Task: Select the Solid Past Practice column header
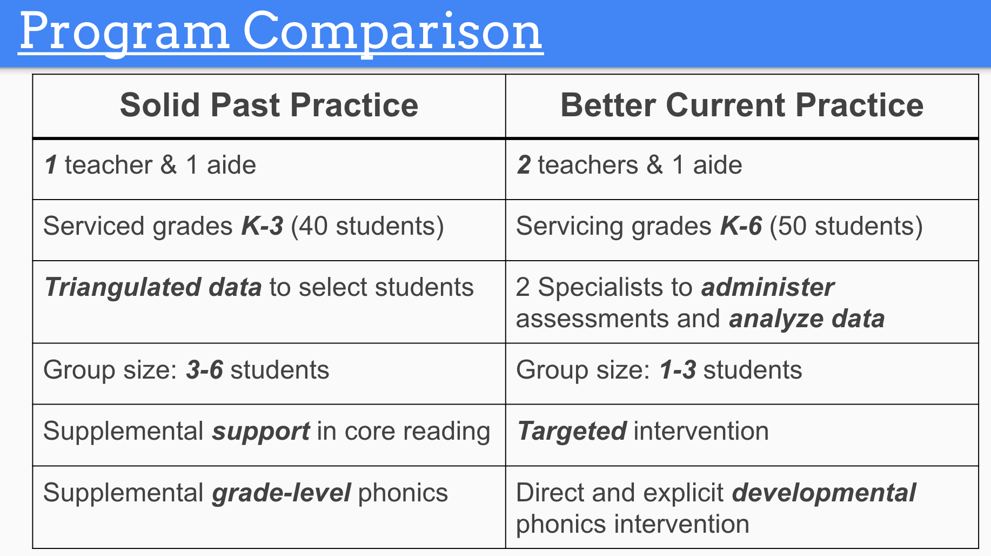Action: coord(269,105)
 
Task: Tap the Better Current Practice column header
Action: coord(742,105)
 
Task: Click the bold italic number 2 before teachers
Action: coord(524,165)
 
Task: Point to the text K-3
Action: coord(262,226)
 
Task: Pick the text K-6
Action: coord(741,226)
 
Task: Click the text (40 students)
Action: coord(367,226)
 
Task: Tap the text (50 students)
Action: coord(846,226)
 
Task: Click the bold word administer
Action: coord(768,287)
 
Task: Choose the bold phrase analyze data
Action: coord(807,319)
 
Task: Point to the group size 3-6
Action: coord(204,370)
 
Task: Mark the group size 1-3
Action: coord(678,370)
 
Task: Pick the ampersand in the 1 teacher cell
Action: coord(169,165)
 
